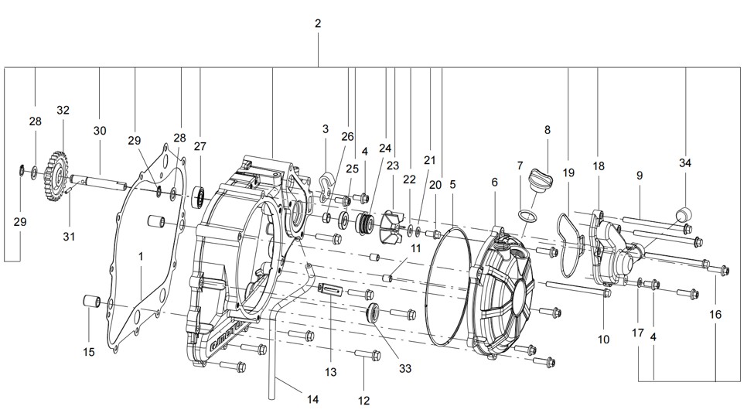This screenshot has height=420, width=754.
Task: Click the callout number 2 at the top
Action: (x=318, y=24)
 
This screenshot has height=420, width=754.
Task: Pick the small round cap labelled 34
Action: (x=684, y=213)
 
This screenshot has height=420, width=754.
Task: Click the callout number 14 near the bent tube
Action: (x=312, y=400)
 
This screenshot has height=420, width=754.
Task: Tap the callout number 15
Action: (x=89, y=352)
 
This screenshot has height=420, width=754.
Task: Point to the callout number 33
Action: (x=405, y=368)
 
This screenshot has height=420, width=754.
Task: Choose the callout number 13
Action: (x=331, y=372)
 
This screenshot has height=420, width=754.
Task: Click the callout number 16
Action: (x=715, y=315)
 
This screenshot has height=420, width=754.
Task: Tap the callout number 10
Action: (x=603, y=339)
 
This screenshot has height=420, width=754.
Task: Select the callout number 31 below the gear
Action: (x=70, y=236)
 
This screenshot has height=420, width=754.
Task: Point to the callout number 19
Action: (x=569, y=173)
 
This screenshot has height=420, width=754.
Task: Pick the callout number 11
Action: (x=415, y=248)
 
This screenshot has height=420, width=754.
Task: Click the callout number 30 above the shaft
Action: (x=100, y=131)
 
